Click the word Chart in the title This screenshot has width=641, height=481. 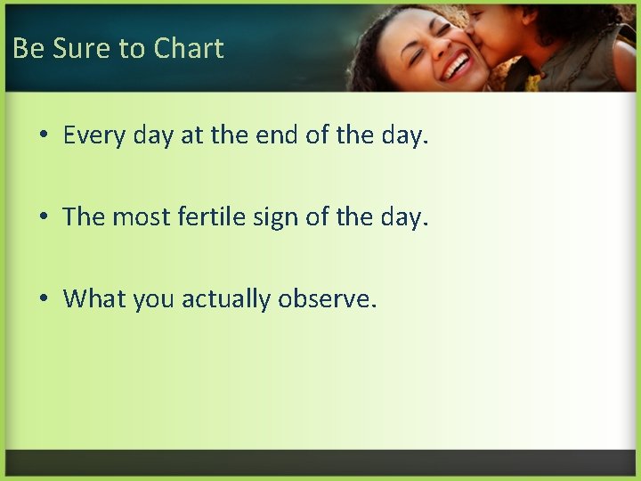[x=189, y=48]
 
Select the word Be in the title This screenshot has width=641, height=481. [x=28, y=48]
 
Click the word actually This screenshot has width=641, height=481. [x=226, y=298]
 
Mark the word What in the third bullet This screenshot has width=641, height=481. [x=94, y=298]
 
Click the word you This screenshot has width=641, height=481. [x=154, y=299]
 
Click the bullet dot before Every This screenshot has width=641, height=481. [x=44, y=137]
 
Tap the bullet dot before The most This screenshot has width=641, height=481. [x=44, y=218]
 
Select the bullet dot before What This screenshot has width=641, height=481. [x=44, y=299]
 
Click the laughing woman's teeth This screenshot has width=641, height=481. [x=457, y=65]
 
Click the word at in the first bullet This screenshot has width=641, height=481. [x=191, y=136]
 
